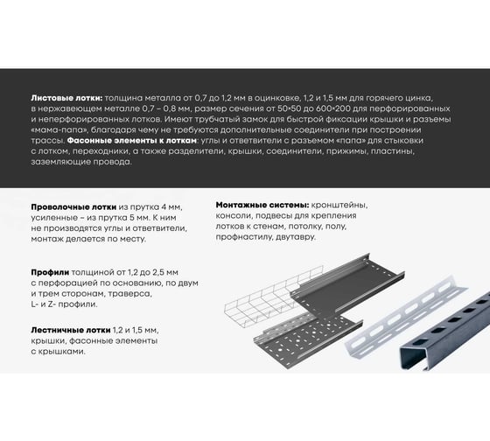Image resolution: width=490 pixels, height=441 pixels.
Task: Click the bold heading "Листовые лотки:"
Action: click(x=66, y=98)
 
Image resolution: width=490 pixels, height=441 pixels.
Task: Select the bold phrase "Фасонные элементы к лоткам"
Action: click(x=132, y=141)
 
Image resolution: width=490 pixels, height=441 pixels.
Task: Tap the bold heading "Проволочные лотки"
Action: click(x=73, y=207)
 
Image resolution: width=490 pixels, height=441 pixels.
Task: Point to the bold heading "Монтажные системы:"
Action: click(x=262, y=205)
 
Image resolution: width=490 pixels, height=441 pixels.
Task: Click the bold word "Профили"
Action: click(x=50, y=272)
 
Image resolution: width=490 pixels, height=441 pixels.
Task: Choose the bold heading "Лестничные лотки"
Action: click(x=71, y=330)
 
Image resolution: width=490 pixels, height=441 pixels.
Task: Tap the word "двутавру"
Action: click(x=296, y=237)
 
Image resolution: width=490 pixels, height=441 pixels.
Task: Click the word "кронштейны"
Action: click(x=339, y=205)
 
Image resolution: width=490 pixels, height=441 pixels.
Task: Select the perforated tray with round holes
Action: click(x=308, y=340)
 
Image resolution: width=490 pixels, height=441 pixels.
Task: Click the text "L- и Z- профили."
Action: click(x=64, y=304)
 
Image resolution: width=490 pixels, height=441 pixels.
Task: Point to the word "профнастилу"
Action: click(x=244, y=237)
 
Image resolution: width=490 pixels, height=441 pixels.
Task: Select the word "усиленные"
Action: click(x=54, y=218)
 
